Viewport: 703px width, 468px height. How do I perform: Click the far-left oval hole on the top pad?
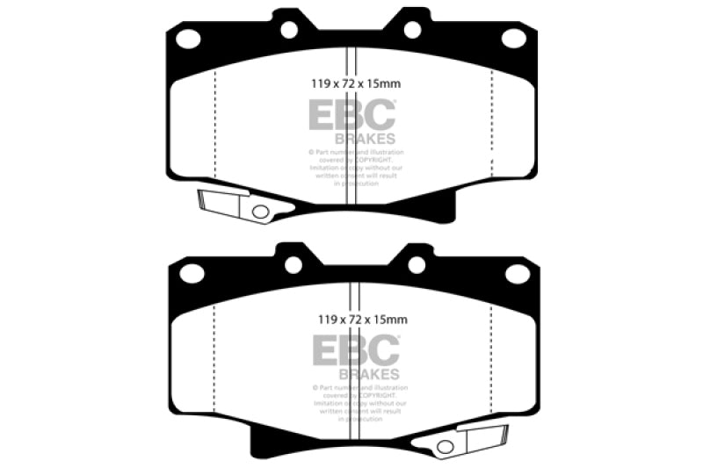tap(187, 38)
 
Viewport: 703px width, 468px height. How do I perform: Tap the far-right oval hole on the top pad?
tap(513, 38)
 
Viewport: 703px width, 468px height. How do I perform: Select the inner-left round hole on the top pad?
tap(289, 29)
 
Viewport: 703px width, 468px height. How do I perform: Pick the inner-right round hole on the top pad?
tap(412, 29)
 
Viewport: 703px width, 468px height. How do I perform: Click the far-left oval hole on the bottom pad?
tap(192, 273)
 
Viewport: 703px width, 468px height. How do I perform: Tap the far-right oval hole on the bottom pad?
tap(518, 273)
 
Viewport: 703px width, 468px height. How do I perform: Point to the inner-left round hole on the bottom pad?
tap(294, 264)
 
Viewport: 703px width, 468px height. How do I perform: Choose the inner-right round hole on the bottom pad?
tap(417, 264)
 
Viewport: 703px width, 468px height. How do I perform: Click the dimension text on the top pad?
tap(351, 85)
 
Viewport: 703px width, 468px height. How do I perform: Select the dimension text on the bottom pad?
tap(356, 320)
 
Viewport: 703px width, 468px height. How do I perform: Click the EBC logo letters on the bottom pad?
tap(356, 351)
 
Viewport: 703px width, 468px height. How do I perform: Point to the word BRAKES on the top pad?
tap(365, 138)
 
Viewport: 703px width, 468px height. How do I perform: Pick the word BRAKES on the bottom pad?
tap(369, 373)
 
